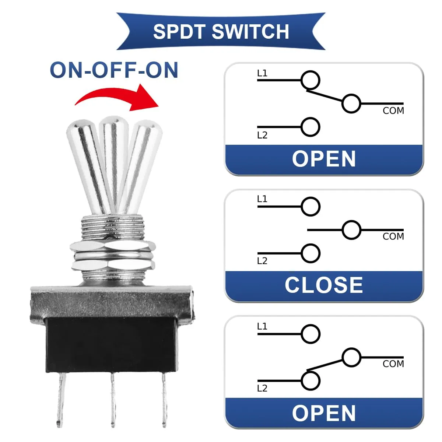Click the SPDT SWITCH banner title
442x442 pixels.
coord(221,32)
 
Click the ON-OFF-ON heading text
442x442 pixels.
coord(114,70)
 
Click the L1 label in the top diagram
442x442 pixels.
coord(262,73)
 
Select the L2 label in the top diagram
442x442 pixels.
coord(262,135)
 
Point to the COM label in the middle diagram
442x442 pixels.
coord(393,236)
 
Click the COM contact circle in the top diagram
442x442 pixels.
coord(351,104)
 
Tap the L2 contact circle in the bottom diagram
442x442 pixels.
coord(311,381)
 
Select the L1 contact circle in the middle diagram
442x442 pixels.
coord(311,207)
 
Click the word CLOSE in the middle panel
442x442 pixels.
coord(324,285)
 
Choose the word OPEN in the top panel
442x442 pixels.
coord(324,159)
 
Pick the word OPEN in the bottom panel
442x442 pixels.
coord(324,413)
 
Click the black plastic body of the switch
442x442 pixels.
coord(110,344)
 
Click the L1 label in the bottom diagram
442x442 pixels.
coord(262,326)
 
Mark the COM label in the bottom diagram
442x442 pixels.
coord(393,364)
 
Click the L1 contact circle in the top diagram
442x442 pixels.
coord(311,80)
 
